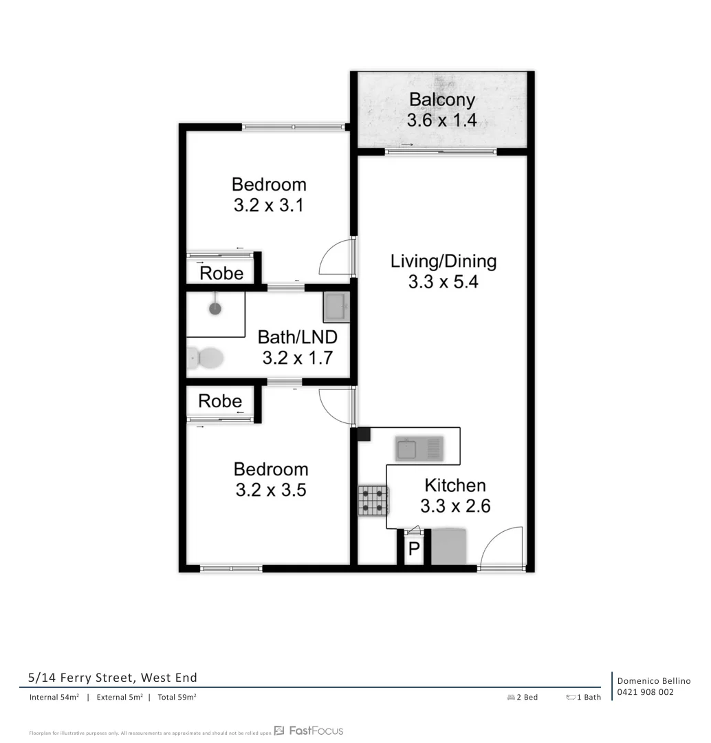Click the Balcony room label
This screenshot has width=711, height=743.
[x=441, y=100]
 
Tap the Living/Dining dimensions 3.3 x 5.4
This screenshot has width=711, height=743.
[x=443, y=282]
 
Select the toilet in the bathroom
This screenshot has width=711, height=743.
[x=207, y=358]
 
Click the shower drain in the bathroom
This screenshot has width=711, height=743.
[x=215, y=308]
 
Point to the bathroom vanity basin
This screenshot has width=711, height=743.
[x=337, y=307]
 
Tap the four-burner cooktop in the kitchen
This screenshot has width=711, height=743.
[x=373, y=501]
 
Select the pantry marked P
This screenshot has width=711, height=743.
[x=414, y=549]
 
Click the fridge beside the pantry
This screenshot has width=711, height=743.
[x=448, y=547]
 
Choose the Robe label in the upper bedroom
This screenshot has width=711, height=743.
[x=221, y=274]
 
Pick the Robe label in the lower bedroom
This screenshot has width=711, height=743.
[x=220, y=401]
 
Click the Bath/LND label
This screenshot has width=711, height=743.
[x=297, y=337]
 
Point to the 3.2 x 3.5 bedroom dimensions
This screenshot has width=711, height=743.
[x=271, y=491]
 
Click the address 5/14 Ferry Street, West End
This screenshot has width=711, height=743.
[x=113, y=678]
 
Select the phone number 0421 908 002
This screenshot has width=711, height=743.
[x=645, y=692]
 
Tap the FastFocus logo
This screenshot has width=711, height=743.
[x=309, y=731]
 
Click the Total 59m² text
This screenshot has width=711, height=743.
[x=177, y=697]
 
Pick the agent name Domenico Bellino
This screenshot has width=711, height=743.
[x=653, y=680]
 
